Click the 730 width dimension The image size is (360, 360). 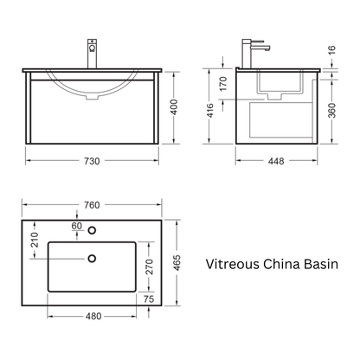tap(92, 161)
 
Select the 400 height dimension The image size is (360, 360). tap(174, 107)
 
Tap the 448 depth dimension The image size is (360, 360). tap(276, 161)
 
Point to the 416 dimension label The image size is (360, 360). tap(210, 111)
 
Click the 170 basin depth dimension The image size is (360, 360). tap(223, 84)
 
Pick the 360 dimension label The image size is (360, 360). tap(332, 111)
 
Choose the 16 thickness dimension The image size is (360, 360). tap(332, 49)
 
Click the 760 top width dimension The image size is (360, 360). tap(92, 205)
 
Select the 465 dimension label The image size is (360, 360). tap(177, 263)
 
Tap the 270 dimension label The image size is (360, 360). tap(150, 267)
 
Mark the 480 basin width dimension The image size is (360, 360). tap(93, 317)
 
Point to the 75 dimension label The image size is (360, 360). tap(149, 299)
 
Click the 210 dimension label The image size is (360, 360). tap(35, 240)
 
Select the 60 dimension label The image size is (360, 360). tap(77, 226)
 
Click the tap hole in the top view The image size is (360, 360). tap(92, 230)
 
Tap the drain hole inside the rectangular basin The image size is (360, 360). tap(92, 259)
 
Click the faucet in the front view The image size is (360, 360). tap(92, 54)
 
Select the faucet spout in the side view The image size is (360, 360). tap(260, 48)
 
